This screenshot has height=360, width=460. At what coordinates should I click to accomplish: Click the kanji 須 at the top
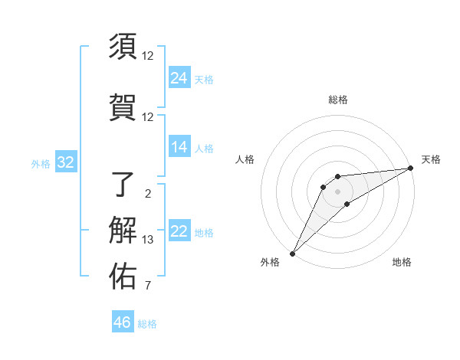click(123, 47)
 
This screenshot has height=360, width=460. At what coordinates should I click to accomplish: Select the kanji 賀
click(123, 105)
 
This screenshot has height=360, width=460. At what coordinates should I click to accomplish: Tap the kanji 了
click(123, 185)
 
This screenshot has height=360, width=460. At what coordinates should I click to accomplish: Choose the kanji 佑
click(123, 277)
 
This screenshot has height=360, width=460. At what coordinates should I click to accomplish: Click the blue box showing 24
click(179, 77)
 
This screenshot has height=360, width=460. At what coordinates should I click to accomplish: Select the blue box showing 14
click(179, 147)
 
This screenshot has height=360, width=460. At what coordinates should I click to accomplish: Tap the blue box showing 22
click(179, 232)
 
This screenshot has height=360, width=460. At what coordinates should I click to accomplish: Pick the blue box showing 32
click(65, 162)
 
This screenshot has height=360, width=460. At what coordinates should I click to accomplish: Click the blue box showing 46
click(123, 322)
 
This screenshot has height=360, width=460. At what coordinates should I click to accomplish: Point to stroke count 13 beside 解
click(148, 240)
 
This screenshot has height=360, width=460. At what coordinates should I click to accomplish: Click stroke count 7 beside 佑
click(148, 287)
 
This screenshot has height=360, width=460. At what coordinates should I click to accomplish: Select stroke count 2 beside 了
click(148, 193)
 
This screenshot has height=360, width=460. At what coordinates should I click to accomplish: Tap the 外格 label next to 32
click(41, 163)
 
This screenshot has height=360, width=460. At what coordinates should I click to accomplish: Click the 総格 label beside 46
click(147, 324)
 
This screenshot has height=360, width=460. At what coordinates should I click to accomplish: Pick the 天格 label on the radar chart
click(431, 159)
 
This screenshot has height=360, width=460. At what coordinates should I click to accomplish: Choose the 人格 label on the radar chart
click(245, 159)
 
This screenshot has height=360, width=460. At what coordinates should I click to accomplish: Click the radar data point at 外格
click(292, 253)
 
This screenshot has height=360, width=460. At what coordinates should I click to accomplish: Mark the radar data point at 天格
click(411, 168)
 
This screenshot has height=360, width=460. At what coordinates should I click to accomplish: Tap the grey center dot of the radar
click(337, 191)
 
